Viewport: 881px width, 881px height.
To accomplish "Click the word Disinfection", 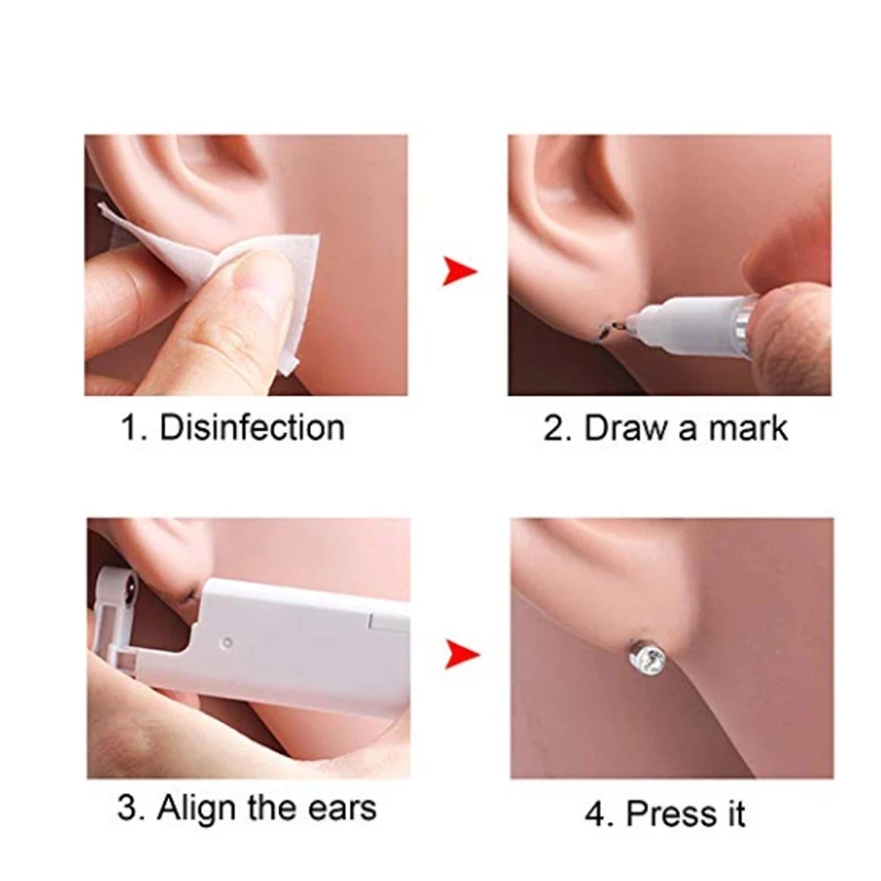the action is click(x=252, y=427).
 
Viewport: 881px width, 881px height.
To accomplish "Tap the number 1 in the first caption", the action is click(x=130, y=427).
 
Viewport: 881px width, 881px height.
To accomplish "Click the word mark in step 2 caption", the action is click(x=748, y=428).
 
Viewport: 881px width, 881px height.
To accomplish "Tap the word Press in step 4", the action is click(x=672, y=813).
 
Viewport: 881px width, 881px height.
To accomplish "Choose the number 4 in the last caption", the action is click(x=596, y=813).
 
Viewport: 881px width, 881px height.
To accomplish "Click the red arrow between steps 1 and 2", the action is click(x=460, y=270).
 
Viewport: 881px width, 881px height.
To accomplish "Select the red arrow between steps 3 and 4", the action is click(x=462, y=655).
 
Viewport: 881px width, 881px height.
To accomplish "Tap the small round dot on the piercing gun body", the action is click(x=228, y=641).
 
